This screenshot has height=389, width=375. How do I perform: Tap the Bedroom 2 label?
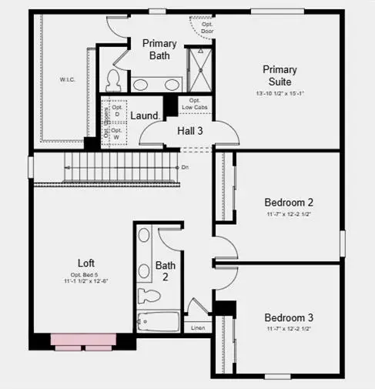(288, 203)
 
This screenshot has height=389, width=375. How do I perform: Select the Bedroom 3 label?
(288, 317)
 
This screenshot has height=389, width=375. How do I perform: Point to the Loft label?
(85, 262)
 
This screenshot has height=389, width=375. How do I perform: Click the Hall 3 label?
(190, 131)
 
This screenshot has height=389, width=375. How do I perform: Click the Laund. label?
(145, 116)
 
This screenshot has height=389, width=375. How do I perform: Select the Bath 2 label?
(166, 272)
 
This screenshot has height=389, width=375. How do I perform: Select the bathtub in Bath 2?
(158, 322)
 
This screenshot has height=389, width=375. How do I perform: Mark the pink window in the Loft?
(83, 340)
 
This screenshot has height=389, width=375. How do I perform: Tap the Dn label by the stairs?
(185, 166)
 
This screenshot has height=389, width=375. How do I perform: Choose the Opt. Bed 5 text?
(85, 275)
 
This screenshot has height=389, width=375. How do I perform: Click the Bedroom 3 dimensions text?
(288, 329)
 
